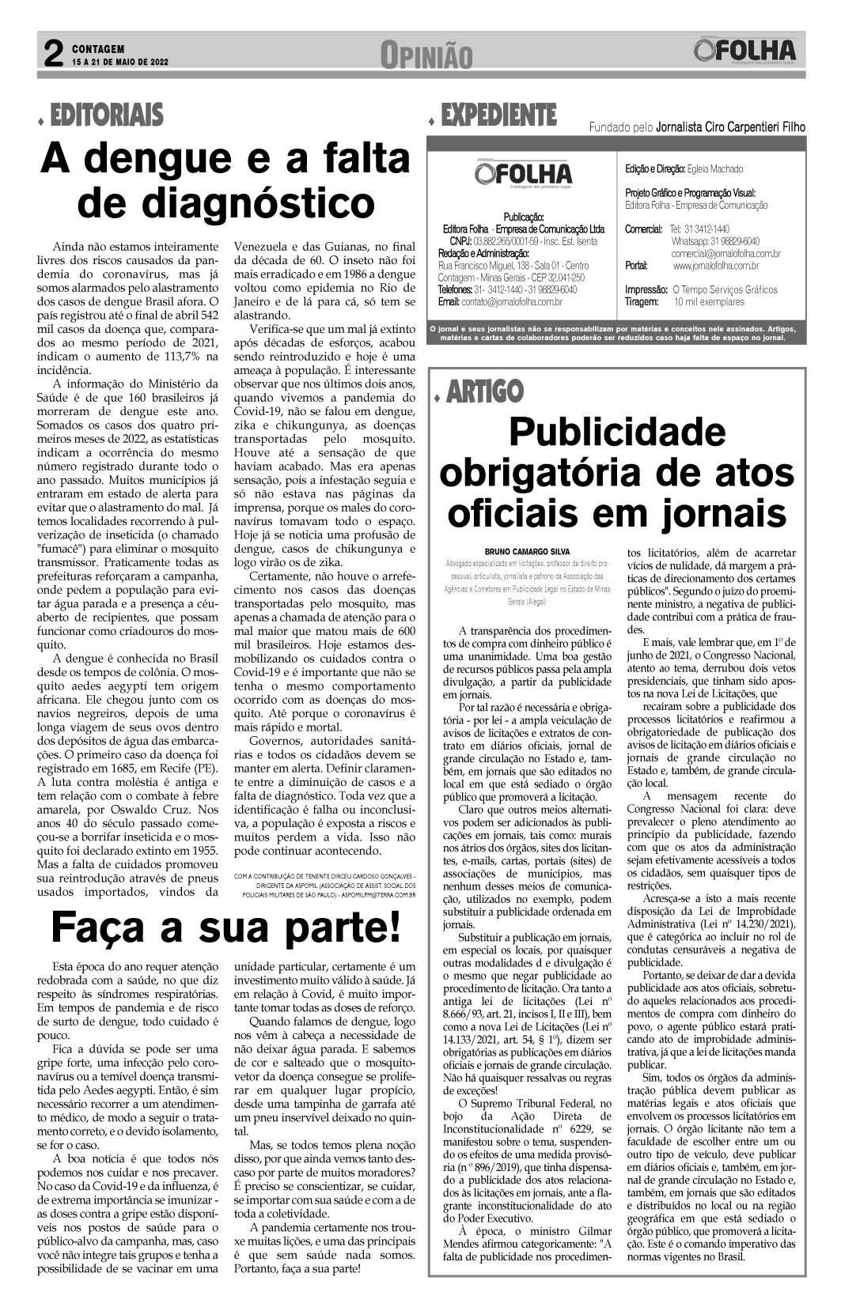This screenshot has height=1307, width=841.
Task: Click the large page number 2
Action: (52, 55)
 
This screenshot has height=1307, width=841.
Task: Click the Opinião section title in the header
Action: (426, 55)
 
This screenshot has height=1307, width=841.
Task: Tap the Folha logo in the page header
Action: (744, 51)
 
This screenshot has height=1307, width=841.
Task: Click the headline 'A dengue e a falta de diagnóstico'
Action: (225, 180)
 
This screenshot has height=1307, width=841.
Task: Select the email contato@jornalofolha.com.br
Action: (511, 301)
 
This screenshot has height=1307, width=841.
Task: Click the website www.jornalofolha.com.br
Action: (715, 266)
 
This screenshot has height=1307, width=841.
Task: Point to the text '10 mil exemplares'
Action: (709, 302)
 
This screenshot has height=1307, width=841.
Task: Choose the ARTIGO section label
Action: (483, 391)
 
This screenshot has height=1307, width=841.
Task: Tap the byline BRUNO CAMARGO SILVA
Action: (527, 551)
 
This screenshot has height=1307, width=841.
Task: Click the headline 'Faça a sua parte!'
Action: (225, 926)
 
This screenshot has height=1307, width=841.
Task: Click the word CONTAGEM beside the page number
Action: (98, 49)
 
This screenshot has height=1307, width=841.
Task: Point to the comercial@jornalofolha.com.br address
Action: (725, 254)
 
